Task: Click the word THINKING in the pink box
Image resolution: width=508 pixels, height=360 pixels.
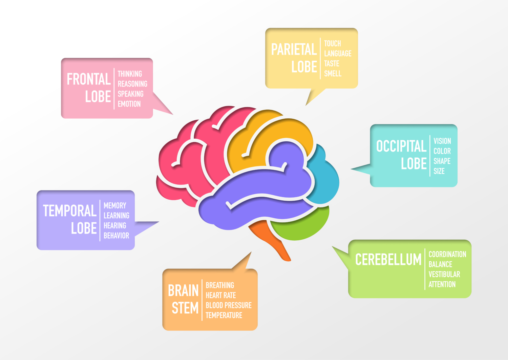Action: click(130, 74)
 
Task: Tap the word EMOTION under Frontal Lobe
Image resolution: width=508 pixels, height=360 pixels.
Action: click(129, 104)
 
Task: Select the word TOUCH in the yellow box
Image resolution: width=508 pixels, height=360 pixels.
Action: click(332, 44)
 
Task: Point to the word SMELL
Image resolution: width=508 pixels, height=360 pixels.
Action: click(333, 74)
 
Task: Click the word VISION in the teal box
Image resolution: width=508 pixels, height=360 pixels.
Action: click(442, 141)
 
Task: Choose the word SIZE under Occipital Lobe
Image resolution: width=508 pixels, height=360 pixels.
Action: click(439, 171)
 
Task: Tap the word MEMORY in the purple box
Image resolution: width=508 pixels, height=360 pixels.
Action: click(115, 206)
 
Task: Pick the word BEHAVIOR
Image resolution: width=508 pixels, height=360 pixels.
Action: click(116, 236)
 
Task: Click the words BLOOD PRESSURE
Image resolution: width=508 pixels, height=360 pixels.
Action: click(229, 305)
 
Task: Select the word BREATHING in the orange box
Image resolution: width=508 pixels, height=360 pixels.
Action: click(220, 285)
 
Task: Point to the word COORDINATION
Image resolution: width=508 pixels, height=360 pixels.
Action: click(447, 254)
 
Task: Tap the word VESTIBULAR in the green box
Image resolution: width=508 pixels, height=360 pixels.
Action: click(444, 274)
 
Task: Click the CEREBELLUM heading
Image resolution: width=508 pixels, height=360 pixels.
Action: click(388, 260)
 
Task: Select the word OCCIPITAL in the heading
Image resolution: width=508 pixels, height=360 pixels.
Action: click(401, 146)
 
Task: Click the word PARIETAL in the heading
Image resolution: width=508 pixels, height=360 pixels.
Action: click(294, 50)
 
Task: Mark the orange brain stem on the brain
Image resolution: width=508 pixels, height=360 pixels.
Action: click(271, 237)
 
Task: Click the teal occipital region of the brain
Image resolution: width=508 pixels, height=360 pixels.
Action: click(325, 180)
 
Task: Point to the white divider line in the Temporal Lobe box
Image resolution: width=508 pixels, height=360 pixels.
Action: click(100, 220)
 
